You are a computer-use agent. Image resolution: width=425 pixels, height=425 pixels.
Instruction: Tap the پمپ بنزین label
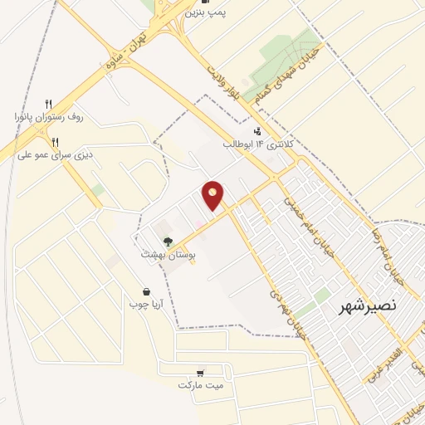205,12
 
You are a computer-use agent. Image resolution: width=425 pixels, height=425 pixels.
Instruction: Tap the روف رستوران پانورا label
48,116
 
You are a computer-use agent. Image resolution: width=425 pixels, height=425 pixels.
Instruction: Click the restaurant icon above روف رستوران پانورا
48,104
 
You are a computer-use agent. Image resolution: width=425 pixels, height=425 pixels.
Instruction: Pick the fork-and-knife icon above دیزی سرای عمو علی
55,141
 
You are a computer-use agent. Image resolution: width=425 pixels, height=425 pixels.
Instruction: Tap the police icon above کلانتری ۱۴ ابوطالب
256,130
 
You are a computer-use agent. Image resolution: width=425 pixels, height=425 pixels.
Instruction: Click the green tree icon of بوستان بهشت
168,241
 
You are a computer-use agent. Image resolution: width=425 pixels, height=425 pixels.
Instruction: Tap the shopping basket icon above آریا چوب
147,292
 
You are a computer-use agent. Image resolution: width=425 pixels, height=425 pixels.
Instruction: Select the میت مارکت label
200,385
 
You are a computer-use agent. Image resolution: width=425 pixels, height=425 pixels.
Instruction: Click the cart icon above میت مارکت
200,373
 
